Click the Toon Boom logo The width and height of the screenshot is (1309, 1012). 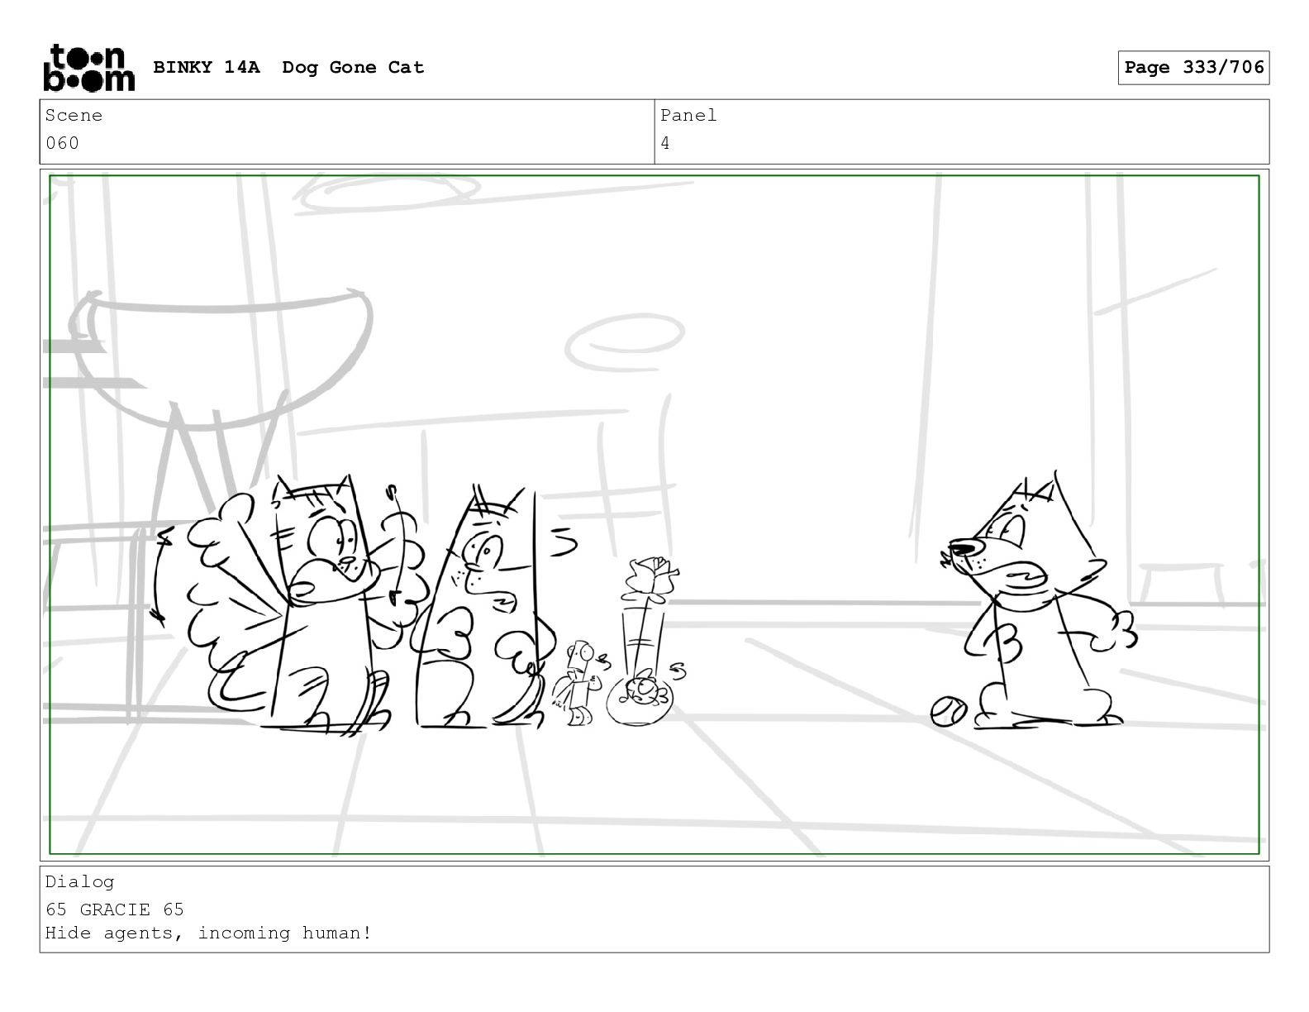coord(89,68)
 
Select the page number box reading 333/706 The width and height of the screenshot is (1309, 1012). coord(1193,68)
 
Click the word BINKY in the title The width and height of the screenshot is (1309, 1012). coord(182,67)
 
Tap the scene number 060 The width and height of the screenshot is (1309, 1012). coord(62,143)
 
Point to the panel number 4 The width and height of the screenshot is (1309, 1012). coord(664,143)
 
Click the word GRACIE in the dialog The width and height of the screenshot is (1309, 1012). coord(114,909)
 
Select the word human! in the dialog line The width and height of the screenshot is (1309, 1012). coord(336,933)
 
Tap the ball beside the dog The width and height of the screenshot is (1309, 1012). coord(948,711)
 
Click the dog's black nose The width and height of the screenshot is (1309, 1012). coord(964,549)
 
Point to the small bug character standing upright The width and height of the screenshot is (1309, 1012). coord(579,683)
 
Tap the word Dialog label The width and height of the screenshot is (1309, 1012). coord(79,882)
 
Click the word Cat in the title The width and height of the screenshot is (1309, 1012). coord(406,67)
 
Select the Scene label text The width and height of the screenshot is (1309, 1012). coord(74,115)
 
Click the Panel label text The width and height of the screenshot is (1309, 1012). coord(688,115)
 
